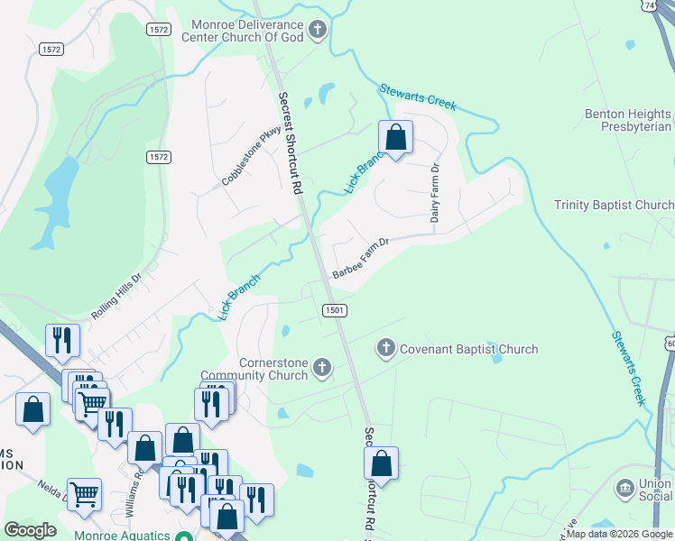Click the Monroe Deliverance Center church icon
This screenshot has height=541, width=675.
pos(317,31)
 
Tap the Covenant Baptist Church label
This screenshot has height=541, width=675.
pos(468,349)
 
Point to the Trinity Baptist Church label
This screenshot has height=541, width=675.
pos(614,205)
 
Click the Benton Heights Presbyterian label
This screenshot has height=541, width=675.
pos(628,121)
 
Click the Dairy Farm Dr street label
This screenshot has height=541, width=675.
pos(434,193)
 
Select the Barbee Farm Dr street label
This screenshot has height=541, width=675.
pos(359,257)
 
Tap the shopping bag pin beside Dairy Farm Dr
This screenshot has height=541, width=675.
pos(395,137)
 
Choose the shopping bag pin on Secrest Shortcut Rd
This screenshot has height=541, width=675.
pos(382,463)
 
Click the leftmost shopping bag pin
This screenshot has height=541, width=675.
pos(32,409)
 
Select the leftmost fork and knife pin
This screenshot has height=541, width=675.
pos(62,340)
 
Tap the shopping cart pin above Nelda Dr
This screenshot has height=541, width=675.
pos(84,493)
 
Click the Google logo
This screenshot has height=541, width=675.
pos(30,529)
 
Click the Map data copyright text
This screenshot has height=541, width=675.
pos(618,535)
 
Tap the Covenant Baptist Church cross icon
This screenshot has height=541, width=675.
pos(386,348)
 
